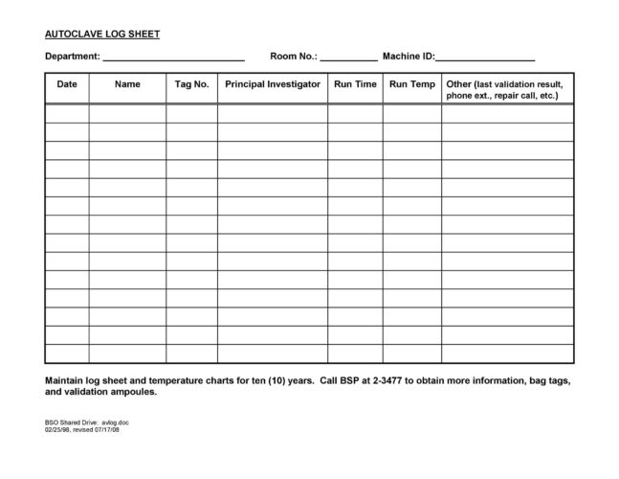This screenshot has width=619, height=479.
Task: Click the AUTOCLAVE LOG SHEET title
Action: click(x=102, y=34)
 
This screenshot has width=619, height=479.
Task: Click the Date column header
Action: click(x=67, y=84)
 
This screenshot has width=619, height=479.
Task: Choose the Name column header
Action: click(x=127, y=84)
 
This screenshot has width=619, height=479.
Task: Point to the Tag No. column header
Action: click(x=191, y=84)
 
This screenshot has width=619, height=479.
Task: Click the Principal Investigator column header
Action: click(x=273, y=84)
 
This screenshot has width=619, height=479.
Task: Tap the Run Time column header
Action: click(x=355, y=84)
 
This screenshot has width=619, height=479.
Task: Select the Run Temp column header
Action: click(x=412, y=84)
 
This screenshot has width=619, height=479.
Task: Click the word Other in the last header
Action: click(x=459, y=84)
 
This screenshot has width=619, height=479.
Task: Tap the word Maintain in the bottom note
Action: click(x=65, y=380)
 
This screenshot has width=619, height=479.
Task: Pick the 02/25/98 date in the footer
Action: click(x=59, y=429)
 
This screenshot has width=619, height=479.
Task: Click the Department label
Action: click(x=72, y=57)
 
